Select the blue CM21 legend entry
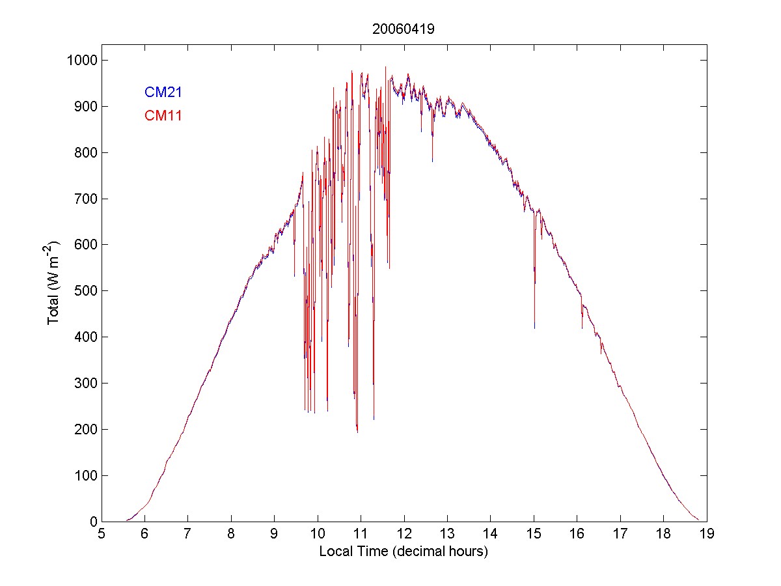click(x=163, y=92)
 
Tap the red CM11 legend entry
click(x=163, y=116)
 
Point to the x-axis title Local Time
click(x=404, y=551)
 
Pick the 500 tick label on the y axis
click(x=86, y=291)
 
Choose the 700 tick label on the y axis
click(x=86, y=199)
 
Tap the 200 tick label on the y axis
click(x=86, y=429)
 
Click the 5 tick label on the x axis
click(x=102, y=535)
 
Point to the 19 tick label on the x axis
click(x=707, y=535)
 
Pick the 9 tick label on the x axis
click(x=274, y=535)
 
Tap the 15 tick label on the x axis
click(x=534, y=535)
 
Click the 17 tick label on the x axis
click(x=620, y=535)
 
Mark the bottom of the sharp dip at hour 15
click(x=534, y=328)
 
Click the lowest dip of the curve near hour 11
click(x=357, y=432)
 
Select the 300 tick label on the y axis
click(x=86, y=383)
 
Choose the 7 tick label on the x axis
click(x=188, y=535)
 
